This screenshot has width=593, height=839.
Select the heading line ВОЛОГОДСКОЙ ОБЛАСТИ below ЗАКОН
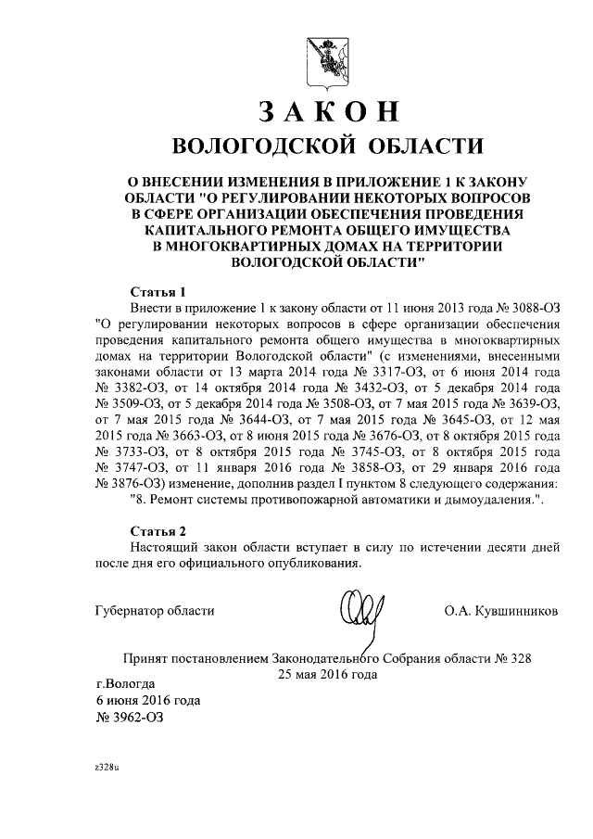pos(328,146)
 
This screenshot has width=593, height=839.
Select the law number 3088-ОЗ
pos(528,306)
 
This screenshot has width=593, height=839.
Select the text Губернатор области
pos(155,611)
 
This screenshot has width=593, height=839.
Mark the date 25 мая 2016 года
pos(328,674)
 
